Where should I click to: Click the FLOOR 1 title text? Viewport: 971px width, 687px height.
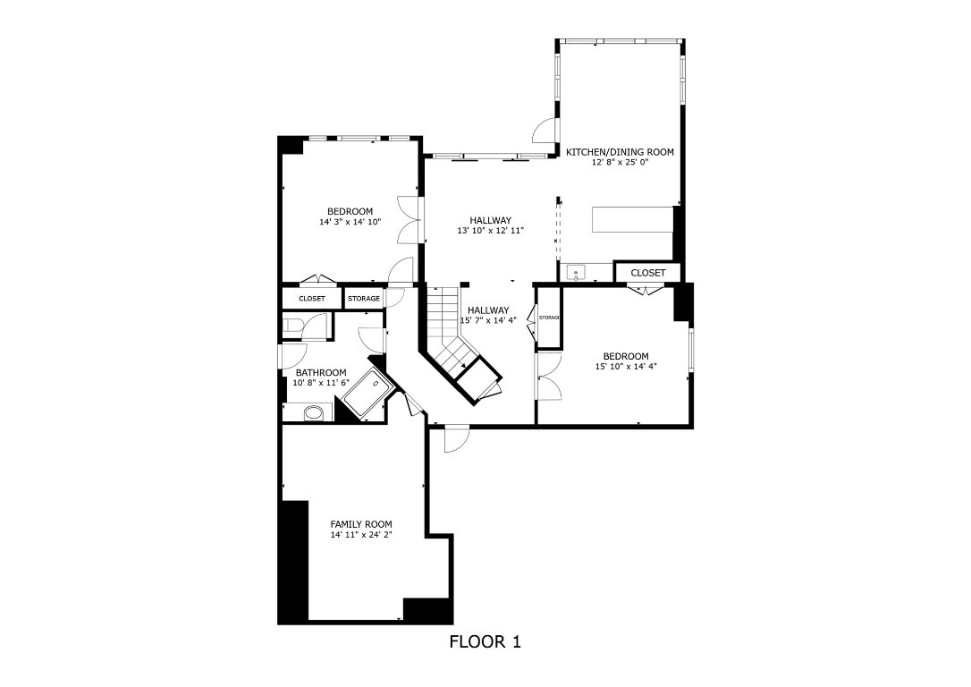pyautogui.click(x=485, y=641)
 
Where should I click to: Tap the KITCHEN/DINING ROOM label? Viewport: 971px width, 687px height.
pyautogui.click(x=620, y=152)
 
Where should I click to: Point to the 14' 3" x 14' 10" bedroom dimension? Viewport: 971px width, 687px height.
pyautogui.click(x=350, y=222)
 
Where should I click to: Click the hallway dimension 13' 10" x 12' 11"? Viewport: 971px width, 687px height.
pyautogui.click(x=490, y=231)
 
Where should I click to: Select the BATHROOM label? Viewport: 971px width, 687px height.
pyautogui.click(x=321, y=373)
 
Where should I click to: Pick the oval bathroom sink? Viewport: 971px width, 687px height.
pyautogui.click(x=314, y=413)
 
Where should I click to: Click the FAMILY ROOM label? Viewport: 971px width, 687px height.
pyautogui.click(x=361, y=525)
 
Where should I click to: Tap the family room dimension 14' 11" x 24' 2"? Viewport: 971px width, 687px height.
pyautogui.click(x=361, y=536)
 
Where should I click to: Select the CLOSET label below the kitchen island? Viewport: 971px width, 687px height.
pyautogui.click(x=648, y=273)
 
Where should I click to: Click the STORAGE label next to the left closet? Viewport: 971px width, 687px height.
pyautogui.click(x=364, y=299)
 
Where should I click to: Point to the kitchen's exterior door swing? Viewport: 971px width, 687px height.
pyautogui.click(x=545, y=131)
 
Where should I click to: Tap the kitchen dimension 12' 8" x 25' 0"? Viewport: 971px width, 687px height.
pyautogui.click(x=620, y=163)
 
